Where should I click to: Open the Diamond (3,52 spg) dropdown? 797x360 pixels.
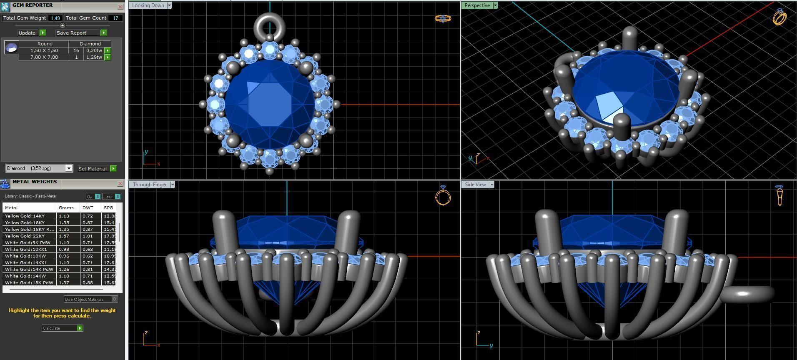click(x=69, y=168)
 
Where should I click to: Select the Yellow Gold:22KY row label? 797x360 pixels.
click(x=25, y=236)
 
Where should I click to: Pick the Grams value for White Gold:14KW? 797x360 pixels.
click(x=64, y=276)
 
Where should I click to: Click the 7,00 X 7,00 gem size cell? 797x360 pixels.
click(x=44, y=57)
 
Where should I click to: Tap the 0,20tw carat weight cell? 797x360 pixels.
click(x=94, y=50)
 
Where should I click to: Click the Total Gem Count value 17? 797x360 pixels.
click(x=115, y=18)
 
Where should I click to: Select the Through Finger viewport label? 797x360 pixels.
click(x=150, y=185)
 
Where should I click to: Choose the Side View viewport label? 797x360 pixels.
click(x=475, y=185)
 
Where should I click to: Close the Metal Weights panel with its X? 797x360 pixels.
click(x=120, y=183)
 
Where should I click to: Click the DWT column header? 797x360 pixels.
click(x=88, y=207)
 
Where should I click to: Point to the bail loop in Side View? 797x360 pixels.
click(x=747, y=294)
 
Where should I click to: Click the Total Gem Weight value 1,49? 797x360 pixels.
click(x=55, y=18)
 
